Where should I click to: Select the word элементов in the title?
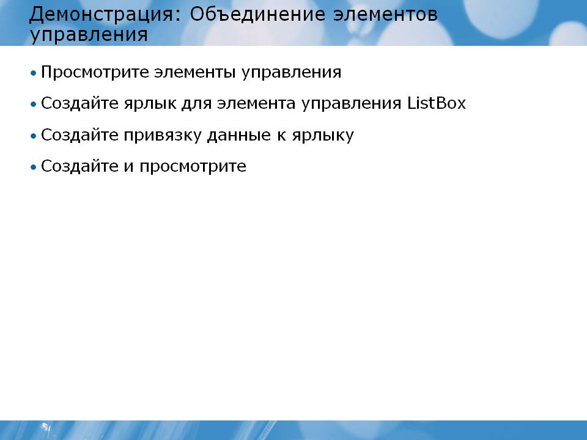coord(385,15)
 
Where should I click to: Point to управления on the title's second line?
coord(89,35)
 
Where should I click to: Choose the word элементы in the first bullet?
coord(195,72)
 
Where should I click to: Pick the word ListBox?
coord(437,103)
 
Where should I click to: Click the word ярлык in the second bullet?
coord(150,104)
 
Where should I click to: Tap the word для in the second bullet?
coord(197,104)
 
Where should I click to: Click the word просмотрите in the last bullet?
coord(193,166)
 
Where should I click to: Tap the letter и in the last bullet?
coord(129,166)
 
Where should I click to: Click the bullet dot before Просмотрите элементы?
coord(34,73)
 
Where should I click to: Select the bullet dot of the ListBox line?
coord(34,104)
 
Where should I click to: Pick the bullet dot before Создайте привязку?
coord(34,136)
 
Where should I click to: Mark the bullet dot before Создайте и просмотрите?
coord(34,167)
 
